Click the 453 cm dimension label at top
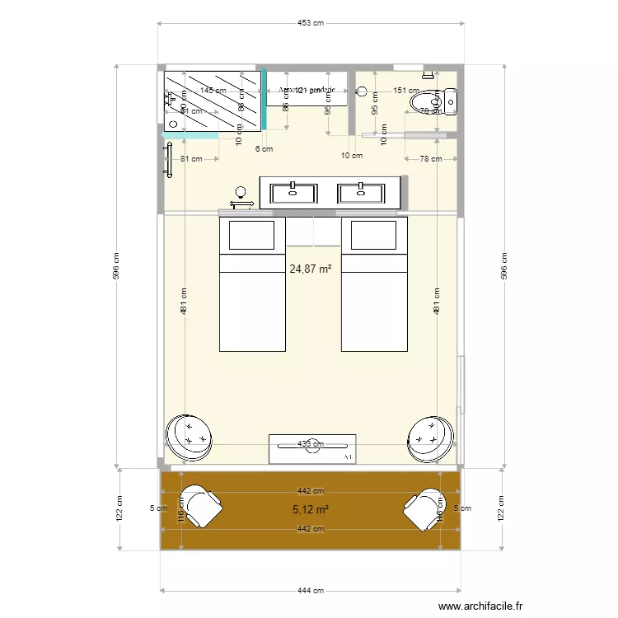[311, 23]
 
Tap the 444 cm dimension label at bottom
[311, 590]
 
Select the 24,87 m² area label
[311, 269]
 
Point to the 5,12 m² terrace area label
[311, 510]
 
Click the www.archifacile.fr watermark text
[480, 606]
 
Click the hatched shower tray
[213, 100]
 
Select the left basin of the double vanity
[293, 193]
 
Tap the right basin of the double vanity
[361, 193]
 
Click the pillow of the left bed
[251, 236]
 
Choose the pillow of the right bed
[375, 236]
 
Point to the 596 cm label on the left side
[117, 265]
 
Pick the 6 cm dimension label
[264, 149]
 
